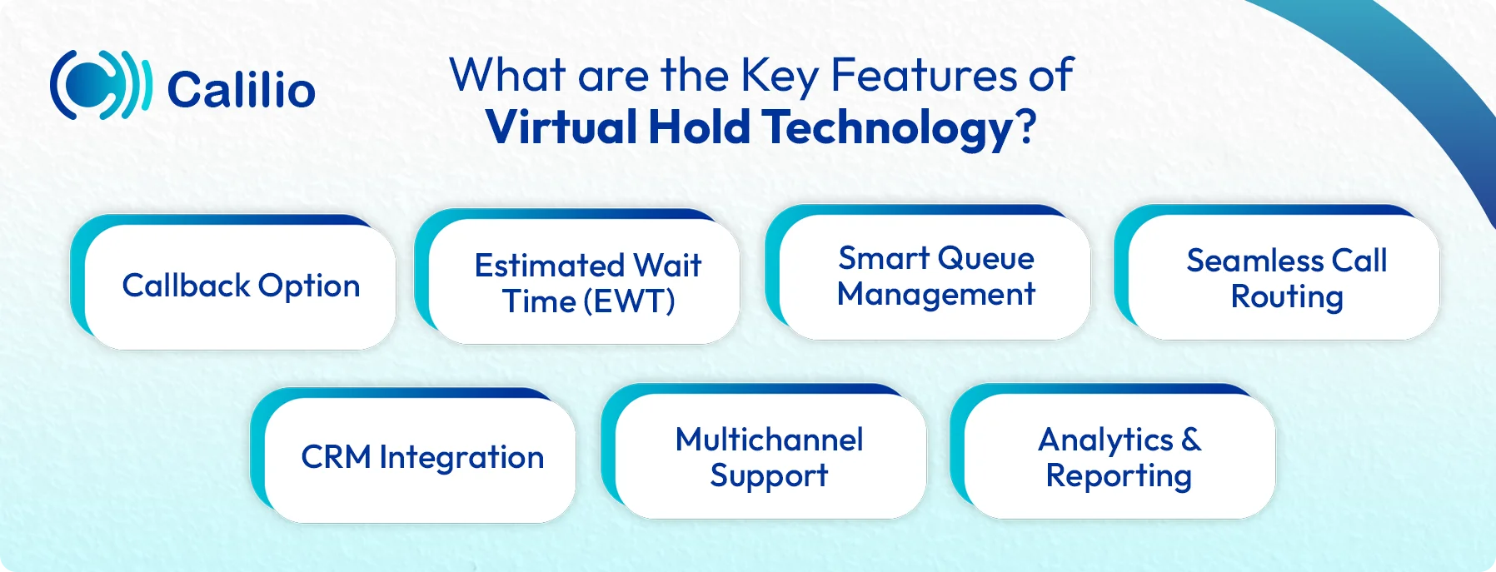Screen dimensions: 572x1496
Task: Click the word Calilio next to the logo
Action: pyautogui.click(x=241, y=90)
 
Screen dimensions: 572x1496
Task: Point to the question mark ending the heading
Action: pyautogui.click(x=1027, y=127)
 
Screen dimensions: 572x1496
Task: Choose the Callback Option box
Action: pyautogui.click(x=241, y=286)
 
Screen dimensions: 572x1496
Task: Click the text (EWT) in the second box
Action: pyautogui.click(x=629, y=301)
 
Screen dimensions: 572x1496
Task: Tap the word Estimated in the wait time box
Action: pyautogui.click(x=549, y=266)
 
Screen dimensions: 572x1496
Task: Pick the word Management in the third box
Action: pyautogui.click(x=936, y=295)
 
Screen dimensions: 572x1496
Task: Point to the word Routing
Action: pyautogui.click(x=1287, y=297)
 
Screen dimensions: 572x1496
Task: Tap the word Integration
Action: pyautogui.click(x=461, y=457)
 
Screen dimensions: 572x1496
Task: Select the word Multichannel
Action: pyautogui.click(x=769, y=440)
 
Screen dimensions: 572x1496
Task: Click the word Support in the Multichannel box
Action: pyautogui.click(x=769, y=476)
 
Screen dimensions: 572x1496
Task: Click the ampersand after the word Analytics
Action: pyautogui.click(x=1191, y=440)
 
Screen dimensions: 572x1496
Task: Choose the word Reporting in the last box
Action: pyautogui.click(x=1119, y=476)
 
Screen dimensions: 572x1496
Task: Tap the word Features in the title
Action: pyautogui.click(x=925, y=75)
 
